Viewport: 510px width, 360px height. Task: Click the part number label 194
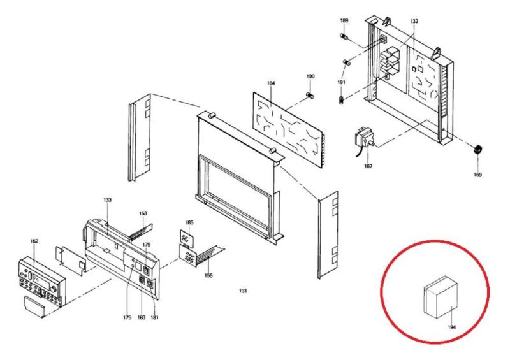pyautogui.click(x=451, y=327)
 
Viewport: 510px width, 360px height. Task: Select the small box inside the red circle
pyautogui.click(x=441, y=297)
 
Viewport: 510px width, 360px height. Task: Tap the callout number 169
pyautogui.click(x=477, y=175)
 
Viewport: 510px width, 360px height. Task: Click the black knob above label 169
pyautogui.click(x=477, y=150)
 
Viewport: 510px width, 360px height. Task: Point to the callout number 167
pyautogui.click(x=368, y=166)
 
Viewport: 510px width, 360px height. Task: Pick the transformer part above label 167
pyautogui.click(x=364, y=139)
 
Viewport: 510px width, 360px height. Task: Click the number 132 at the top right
pyautogui.click(x=414, y=21)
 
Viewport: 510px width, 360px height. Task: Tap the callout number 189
pyautogui.click(x=344, y=20)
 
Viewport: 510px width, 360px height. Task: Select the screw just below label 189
pyautogui.click(x=344, y=36)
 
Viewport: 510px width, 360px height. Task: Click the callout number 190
pyautogui.click(x=310, y=76)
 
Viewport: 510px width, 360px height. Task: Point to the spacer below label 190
pyautogui.click(x=310, y=96)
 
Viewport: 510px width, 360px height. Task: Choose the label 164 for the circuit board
pyautogui.click(x=270, y=83)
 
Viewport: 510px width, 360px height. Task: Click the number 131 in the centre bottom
pyautogui.click(x=243, y=291)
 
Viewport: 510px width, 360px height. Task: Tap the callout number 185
pyautogui.click(x=189, y=222)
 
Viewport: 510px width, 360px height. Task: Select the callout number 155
pyautogui.click(x=208, y=275)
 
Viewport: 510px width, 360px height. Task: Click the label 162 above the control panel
pyautogui.click(x=34, y=241)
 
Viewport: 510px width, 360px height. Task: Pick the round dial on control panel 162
pyautogui.click(x=54, y=289)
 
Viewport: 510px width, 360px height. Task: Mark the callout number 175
pyautogui.click(x=127, y=317)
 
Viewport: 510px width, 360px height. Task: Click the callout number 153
pyautogui.click(x=143, y=213)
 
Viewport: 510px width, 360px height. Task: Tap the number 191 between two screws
pyautogui.click(x=341, y=82)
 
